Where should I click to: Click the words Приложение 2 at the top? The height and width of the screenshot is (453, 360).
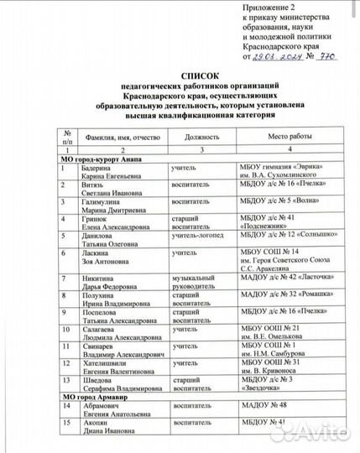coord(269,6)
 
